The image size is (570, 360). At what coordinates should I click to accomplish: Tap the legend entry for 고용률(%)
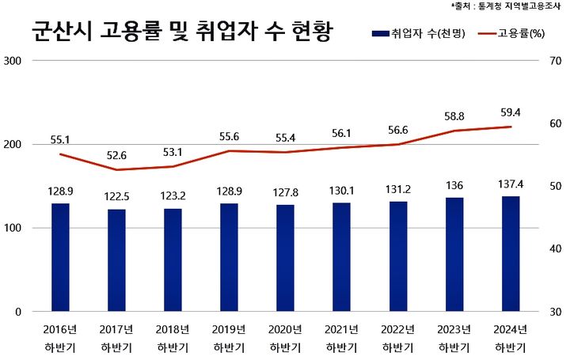(x=511, y=34)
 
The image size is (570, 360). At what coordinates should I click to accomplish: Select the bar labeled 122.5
(x=116, y=260)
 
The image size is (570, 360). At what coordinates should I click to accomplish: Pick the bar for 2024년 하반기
(x=510, y=254)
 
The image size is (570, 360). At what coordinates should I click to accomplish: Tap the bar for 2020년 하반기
(x=285, y=258)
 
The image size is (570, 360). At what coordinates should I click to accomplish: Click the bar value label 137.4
(x=510, y=184)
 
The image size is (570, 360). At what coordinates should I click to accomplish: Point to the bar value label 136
(x=454, y=185)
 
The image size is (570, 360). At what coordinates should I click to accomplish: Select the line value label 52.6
(x=116, y=155)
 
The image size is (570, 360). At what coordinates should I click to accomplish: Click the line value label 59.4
(x=510, y=112)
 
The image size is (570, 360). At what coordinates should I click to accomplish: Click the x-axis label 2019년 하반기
(x=229, y=338)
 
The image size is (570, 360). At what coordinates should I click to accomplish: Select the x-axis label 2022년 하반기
(x=397, y=338)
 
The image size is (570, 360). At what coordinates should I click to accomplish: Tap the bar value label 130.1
(x=341, y=190)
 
